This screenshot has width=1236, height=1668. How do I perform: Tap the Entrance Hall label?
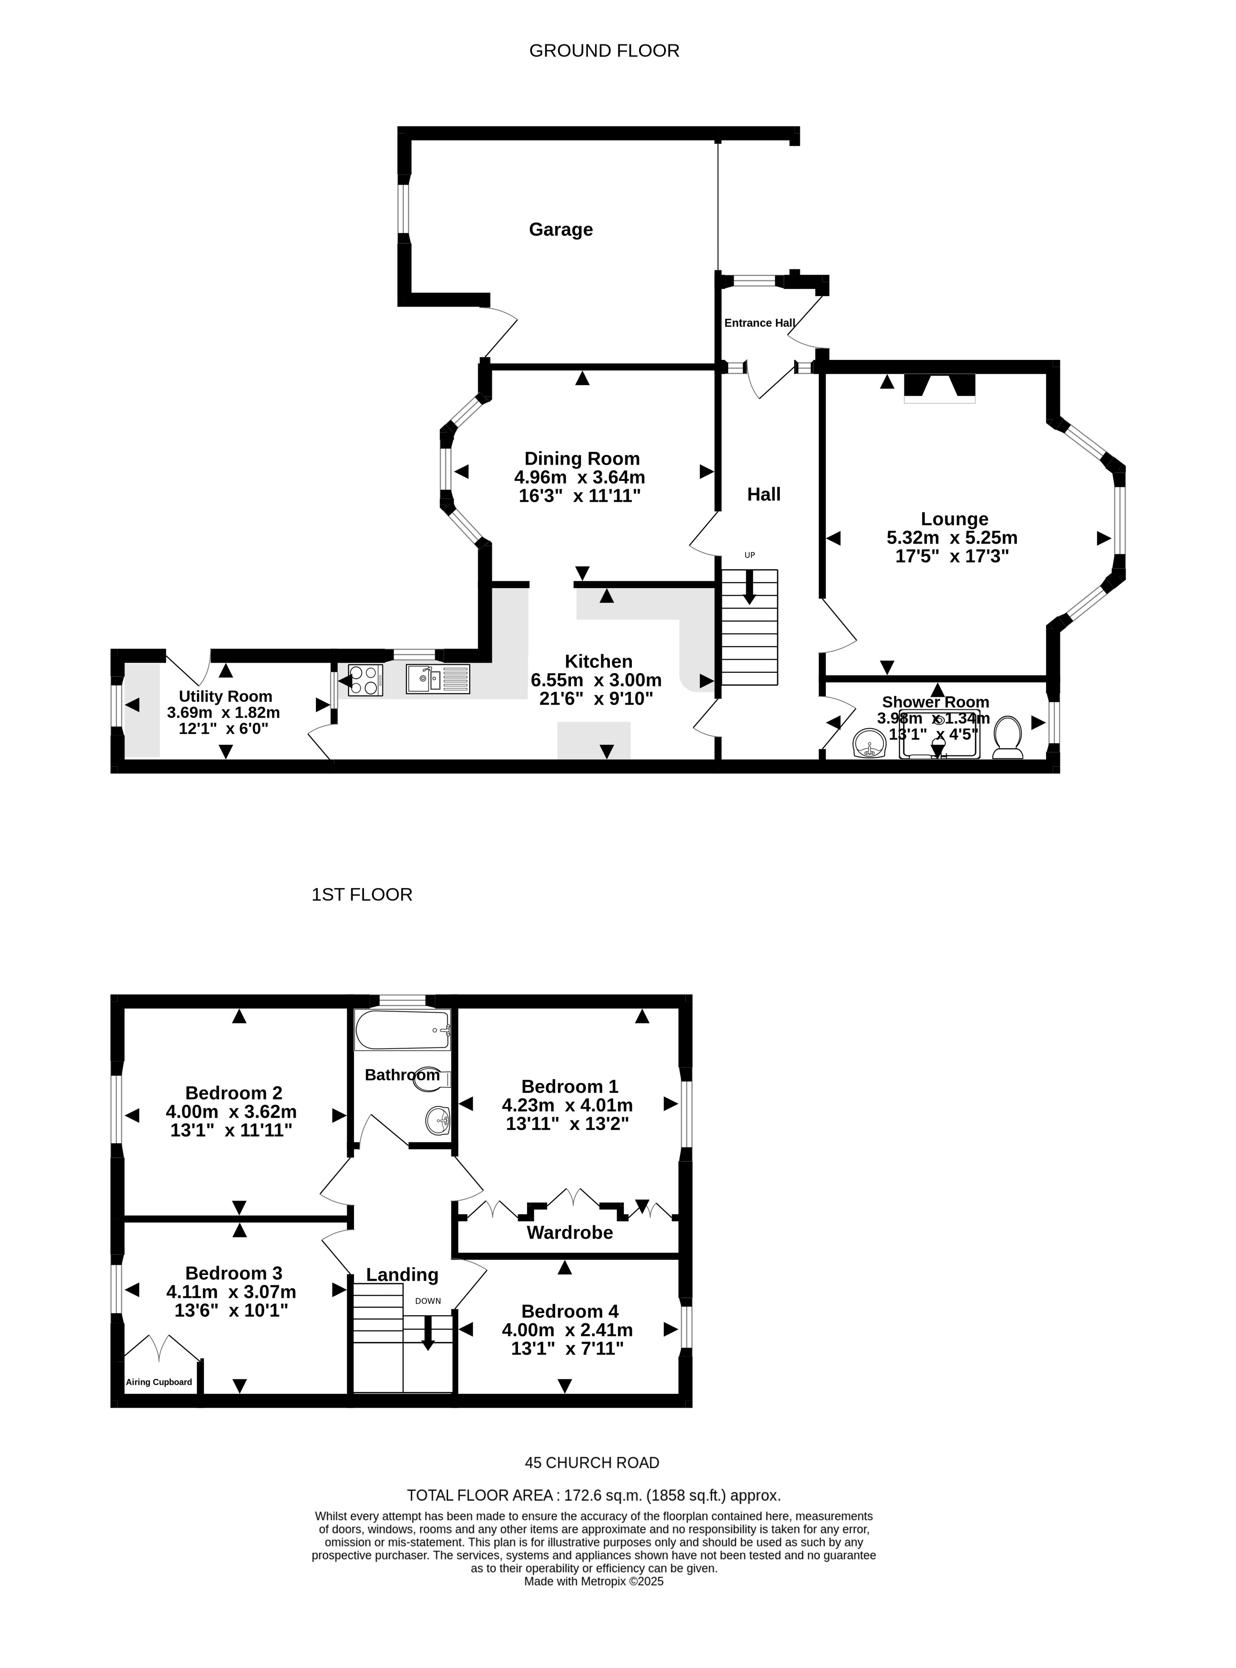coord(760,323)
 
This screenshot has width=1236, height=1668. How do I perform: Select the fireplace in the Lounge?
coord(940,388)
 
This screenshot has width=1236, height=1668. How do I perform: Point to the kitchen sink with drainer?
coord(438,679)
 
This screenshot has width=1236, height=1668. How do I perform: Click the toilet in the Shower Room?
coord(1008,738)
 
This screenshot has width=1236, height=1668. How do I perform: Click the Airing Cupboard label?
coord(159,1382)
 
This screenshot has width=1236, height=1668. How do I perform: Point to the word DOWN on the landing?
coord(428,1301)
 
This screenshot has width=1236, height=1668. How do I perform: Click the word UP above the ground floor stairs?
coord(750,555)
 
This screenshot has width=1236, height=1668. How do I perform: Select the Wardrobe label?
coord(569,1233)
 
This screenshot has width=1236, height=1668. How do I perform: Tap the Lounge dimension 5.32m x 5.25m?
coord(952,538)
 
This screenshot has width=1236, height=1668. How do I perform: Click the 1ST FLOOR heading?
coord(362,894)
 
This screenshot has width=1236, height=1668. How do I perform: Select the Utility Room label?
coord(225,696)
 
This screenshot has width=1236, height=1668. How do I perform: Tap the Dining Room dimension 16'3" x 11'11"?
coord(580,496)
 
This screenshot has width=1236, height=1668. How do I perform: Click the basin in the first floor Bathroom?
coord(438,1120)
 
